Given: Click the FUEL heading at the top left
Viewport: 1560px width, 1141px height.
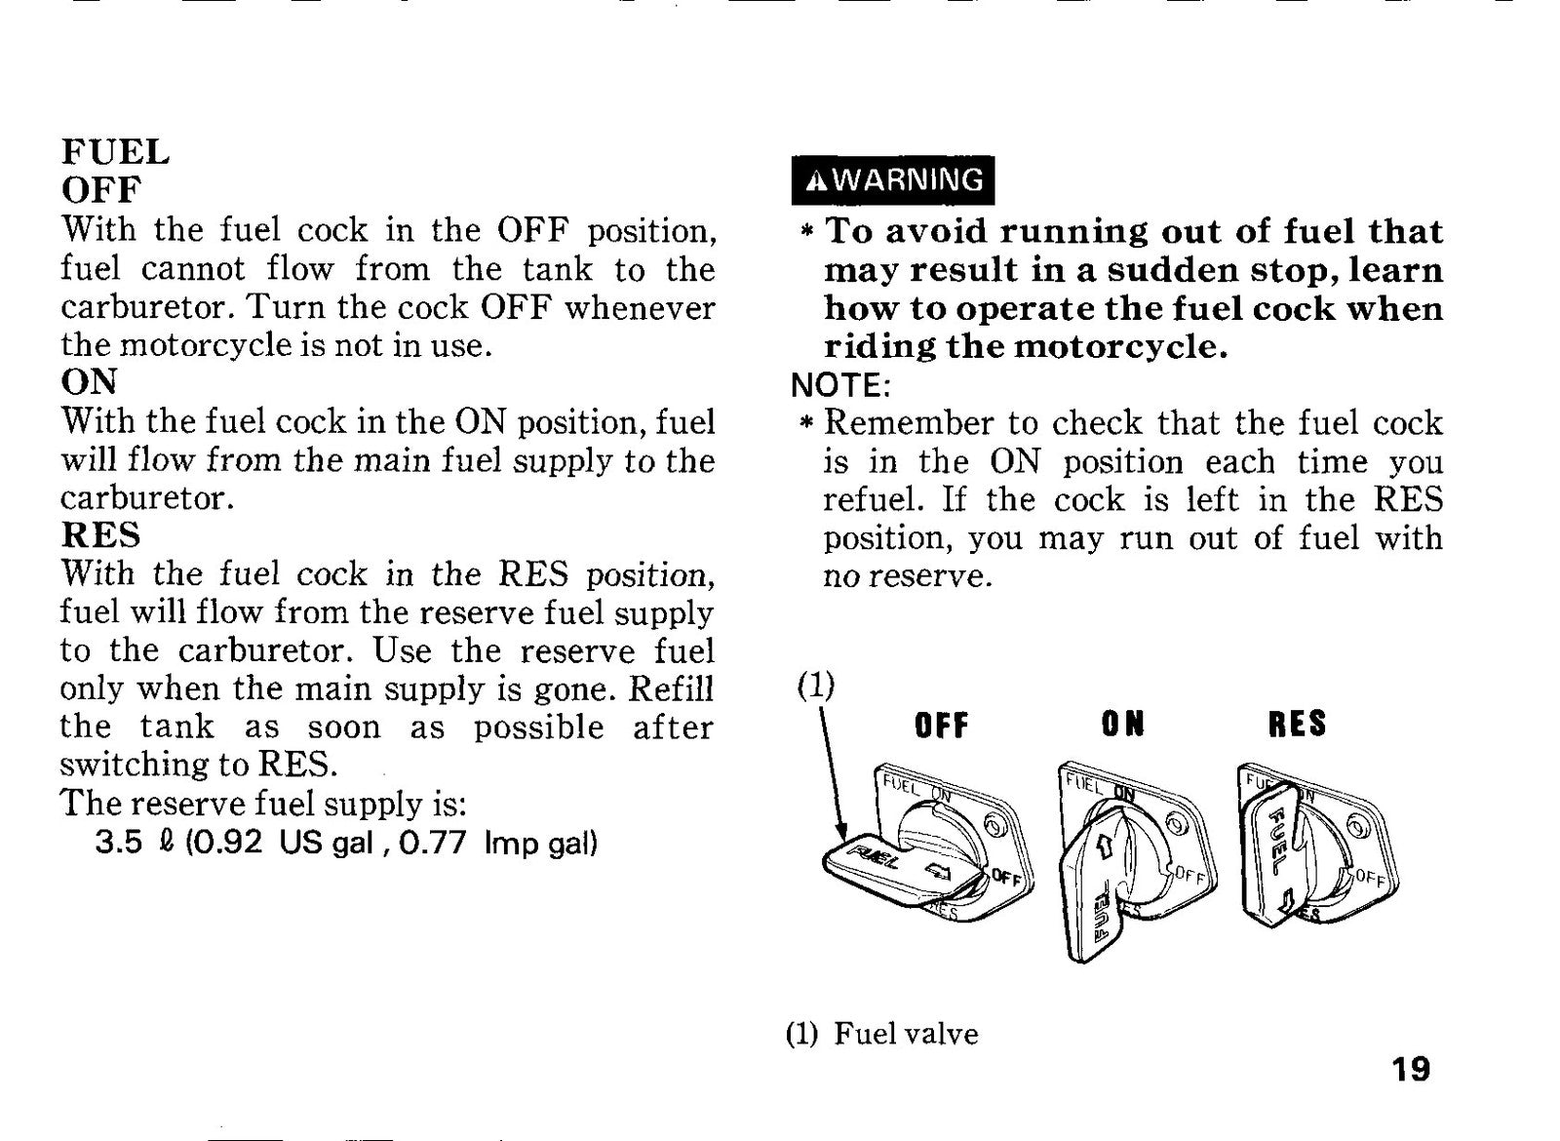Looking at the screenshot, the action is click(x=116, y=152).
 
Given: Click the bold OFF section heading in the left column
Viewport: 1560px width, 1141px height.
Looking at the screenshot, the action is click(x=101, y=189).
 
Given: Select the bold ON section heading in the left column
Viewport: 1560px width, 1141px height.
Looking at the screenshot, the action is click(x=89, y=381).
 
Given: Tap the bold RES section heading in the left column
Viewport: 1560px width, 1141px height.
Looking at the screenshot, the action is click(x=101, y=535).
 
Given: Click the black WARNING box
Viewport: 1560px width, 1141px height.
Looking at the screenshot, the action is click(x=893, y=180).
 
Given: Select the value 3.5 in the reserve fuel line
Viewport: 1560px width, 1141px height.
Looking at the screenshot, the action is click(x=118, y=844).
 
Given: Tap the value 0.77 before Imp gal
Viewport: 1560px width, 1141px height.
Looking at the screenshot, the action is click(x=433, y=844).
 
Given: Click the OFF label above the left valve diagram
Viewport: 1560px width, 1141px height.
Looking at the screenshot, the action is click(x=941, y=726).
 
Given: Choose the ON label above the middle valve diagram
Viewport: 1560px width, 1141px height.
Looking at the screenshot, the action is click(x=1122, y=726).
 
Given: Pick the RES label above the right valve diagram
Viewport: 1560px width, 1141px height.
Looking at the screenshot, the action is click(x=1298, y=724).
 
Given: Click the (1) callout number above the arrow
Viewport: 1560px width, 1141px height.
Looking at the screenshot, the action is click(x=815, y=687).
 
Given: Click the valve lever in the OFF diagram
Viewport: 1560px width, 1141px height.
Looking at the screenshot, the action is click(x=898, y=871).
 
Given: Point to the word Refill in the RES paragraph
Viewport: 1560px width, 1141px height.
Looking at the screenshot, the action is click(x=672, y=689).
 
